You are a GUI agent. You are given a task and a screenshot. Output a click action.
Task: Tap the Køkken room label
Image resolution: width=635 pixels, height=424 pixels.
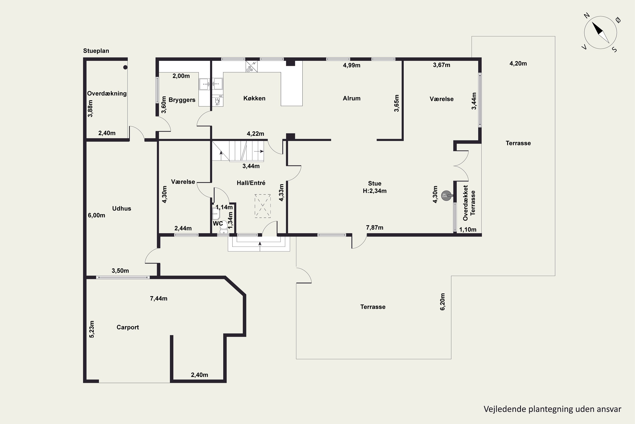point(254,98)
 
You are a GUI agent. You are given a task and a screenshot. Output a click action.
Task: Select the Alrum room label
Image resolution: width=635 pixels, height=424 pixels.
point(352,98)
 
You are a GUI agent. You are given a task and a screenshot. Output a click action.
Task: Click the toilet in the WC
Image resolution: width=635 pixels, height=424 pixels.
point(224,229)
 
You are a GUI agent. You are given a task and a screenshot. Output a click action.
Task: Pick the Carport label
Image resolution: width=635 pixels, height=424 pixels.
point(128,327)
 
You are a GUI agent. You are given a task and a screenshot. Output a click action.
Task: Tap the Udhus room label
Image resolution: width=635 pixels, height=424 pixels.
point(121,208)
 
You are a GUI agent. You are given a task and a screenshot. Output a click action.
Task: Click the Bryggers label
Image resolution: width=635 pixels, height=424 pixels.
point(182,100)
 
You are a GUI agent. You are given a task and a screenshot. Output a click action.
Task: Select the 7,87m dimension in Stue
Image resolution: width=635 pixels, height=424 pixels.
point(374,228)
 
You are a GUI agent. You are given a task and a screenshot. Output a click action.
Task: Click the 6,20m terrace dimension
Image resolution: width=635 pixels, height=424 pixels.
point(443,302)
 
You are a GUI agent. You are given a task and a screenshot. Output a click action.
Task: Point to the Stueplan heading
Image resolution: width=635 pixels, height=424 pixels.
point(96,51)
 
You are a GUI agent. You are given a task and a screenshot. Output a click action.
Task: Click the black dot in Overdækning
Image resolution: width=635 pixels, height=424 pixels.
point(125,67)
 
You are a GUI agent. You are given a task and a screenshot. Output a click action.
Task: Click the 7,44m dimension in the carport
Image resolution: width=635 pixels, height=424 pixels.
point(159,298)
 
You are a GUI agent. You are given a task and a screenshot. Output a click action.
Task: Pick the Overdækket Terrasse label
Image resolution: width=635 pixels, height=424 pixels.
point(469,203)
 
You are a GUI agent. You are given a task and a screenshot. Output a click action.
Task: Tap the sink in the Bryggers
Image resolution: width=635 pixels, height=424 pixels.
point(204,84)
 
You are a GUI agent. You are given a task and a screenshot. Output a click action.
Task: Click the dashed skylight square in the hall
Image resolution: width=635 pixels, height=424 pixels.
point(263,206)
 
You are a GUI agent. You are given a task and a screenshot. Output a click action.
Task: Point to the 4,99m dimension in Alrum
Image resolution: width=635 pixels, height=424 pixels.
point(352,65)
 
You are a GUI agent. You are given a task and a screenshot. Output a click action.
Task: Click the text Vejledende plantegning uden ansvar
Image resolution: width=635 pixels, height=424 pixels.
point(552,409)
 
